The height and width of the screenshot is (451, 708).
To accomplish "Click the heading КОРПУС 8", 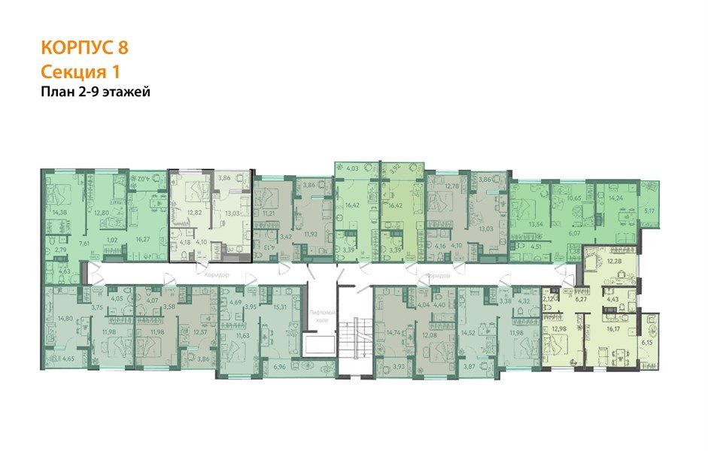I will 84,48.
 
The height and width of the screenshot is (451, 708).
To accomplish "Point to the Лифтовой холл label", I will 321,314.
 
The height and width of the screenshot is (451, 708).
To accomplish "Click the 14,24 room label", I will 617,198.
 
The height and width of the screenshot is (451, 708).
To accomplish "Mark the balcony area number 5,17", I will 650,212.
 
